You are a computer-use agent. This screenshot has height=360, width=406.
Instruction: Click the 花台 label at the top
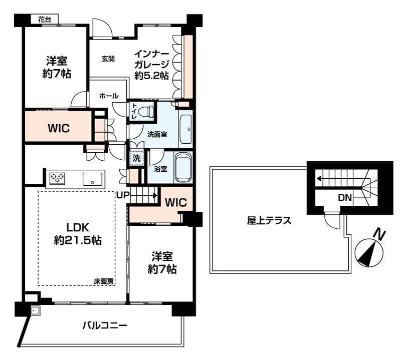tap(45, 20)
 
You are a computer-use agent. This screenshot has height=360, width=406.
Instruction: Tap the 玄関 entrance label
tap(108, 59)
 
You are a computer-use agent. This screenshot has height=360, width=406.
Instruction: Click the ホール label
tap(109, 96)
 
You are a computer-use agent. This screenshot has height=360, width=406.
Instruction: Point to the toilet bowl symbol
tap(146, 112)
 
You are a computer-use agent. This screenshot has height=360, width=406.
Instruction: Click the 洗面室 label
tap(157, 134)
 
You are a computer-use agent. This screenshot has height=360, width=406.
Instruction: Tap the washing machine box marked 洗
tap(136, 158)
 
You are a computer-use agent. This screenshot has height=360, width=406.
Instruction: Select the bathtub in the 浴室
tap(183, 167)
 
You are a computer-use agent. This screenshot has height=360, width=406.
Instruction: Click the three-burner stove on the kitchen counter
tap(57, 178)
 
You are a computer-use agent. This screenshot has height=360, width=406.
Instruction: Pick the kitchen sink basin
tap(92, 179)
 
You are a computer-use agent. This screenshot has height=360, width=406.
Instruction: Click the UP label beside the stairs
tap(122, 195)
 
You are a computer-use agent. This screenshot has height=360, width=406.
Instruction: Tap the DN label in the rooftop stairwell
tap(345, 198)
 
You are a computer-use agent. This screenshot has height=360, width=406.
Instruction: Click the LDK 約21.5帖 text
tap(78, 234)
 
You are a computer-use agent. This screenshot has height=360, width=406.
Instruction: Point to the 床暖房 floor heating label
tap(104, 281)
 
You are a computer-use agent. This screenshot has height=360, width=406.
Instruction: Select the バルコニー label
tap(105, 325)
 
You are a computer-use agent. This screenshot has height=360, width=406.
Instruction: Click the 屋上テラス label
tap(269, 221)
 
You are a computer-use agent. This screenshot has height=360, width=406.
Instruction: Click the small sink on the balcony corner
tap(35, 310)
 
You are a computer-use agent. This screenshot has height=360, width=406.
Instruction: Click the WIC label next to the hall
tap(59, 128)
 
